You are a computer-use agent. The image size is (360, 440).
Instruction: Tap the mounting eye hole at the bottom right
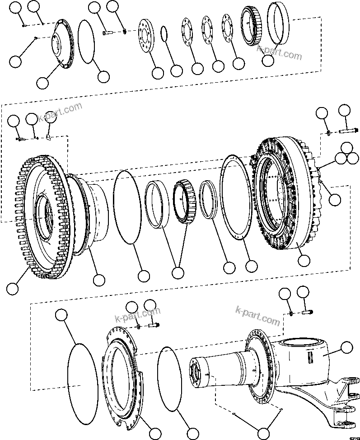point(347,424)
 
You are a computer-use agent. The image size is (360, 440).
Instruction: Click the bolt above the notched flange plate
point(153,325)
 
